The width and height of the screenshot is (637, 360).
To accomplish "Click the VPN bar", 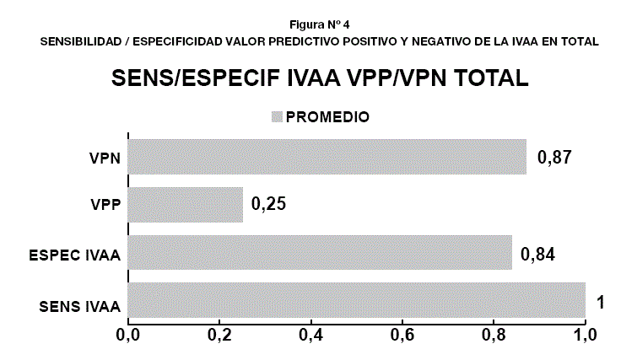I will [327, 157].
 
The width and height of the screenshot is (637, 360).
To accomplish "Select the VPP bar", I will [185, 205].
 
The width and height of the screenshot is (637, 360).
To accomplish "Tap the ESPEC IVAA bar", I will [320, 253].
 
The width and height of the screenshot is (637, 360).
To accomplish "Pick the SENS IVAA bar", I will [356, 301].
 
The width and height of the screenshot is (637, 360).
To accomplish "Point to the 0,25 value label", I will [270, 205].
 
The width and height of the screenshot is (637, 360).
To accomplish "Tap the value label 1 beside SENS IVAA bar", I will [600, 301].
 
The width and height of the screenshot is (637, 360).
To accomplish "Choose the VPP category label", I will [105, 206].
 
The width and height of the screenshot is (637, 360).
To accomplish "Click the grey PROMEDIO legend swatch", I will [276, 116].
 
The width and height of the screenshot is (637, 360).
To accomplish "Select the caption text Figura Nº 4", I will [318, 24].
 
